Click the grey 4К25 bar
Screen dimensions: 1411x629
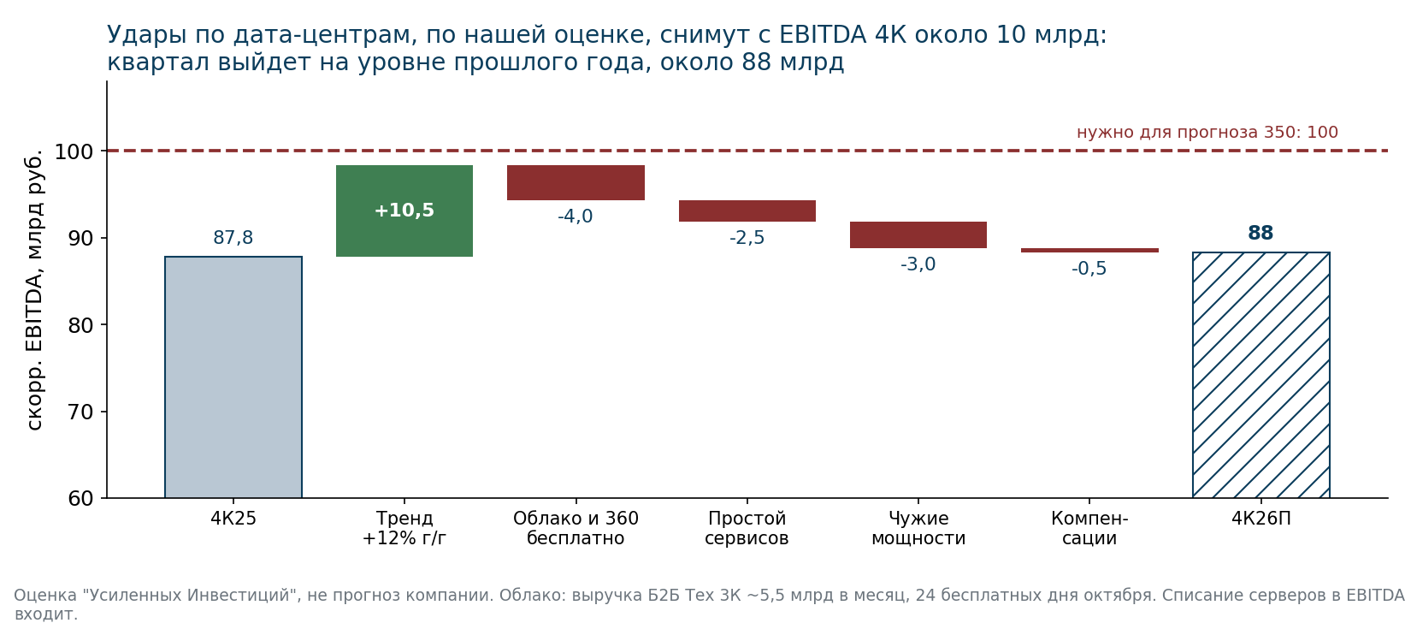[x=233, y=377]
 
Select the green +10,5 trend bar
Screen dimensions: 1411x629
[x=404, y=211]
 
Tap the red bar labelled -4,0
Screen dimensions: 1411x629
[x=576, y=183]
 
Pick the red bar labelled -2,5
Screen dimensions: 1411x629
[x=747, y=211]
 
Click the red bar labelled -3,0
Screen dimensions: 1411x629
[x=918, y=234]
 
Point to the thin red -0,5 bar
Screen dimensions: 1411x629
[x=1089, y=250]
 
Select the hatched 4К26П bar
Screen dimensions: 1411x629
[x=1261, y=375]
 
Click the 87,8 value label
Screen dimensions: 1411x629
[x=233, y=238]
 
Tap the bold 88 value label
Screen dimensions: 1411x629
[x=1260, y=233]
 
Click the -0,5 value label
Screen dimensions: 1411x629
[x=1089, y=269]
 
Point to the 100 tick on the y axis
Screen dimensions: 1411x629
[x=74, y=151]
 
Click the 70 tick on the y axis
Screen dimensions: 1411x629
[x=80, y=412]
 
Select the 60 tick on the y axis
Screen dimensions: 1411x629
[x=80, y=499]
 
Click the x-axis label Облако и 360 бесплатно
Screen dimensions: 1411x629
[x=576, y=528]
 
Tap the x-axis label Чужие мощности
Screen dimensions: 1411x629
[x=918, y=528]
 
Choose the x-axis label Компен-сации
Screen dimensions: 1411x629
[x=1089, y=528]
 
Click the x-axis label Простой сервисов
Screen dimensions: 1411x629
[x=747, y=528]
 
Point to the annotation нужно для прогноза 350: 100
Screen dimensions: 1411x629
[x=1207, y=133]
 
